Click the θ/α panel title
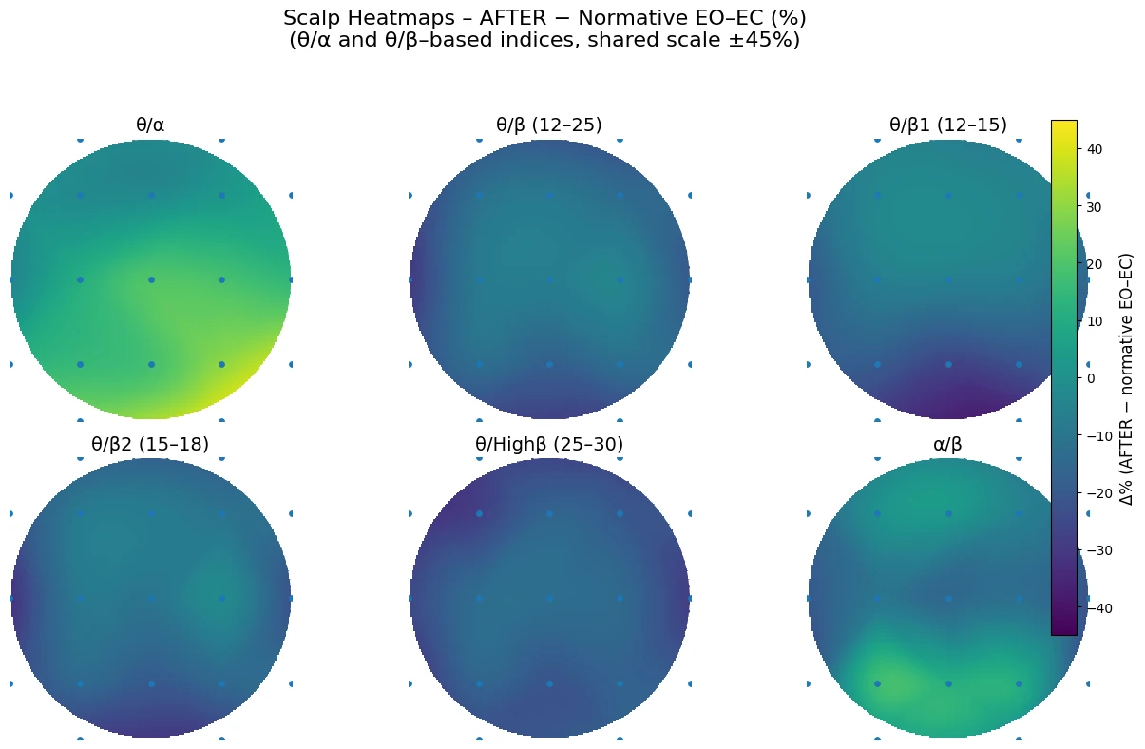[x=150, y=125]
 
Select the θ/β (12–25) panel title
[x=549, y=125]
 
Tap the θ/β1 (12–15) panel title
[x=947, y=125]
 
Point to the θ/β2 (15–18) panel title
[x=150, y=444]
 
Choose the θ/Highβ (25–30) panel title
[x=549, y=444]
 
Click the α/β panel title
[x=947, y=444]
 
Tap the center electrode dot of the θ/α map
[x=151, y=279]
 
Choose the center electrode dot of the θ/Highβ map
[x=549, y=598]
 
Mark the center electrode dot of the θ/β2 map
[x=151, y=598]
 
